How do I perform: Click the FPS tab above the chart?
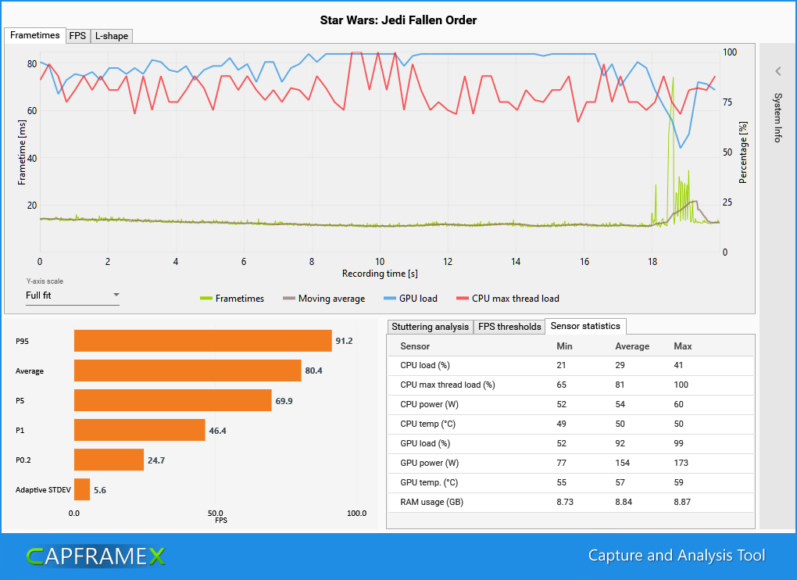[77, 36]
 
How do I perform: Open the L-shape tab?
[111, 36]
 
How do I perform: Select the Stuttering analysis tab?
[430, 327]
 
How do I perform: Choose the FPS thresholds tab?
[509, 327]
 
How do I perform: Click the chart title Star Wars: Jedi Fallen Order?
[398, 20]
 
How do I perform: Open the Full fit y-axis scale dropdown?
[72, 295]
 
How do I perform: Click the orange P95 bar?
[202, 341]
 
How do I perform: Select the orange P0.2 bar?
[109, 460]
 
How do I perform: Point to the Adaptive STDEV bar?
[82, 490]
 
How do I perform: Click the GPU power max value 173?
[681, 463]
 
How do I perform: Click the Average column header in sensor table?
[632, 346]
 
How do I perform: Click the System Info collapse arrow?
[777, 71]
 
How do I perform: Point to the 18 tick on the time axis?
[652, 262]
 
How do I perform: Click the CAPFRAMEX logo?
[96, 556]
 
